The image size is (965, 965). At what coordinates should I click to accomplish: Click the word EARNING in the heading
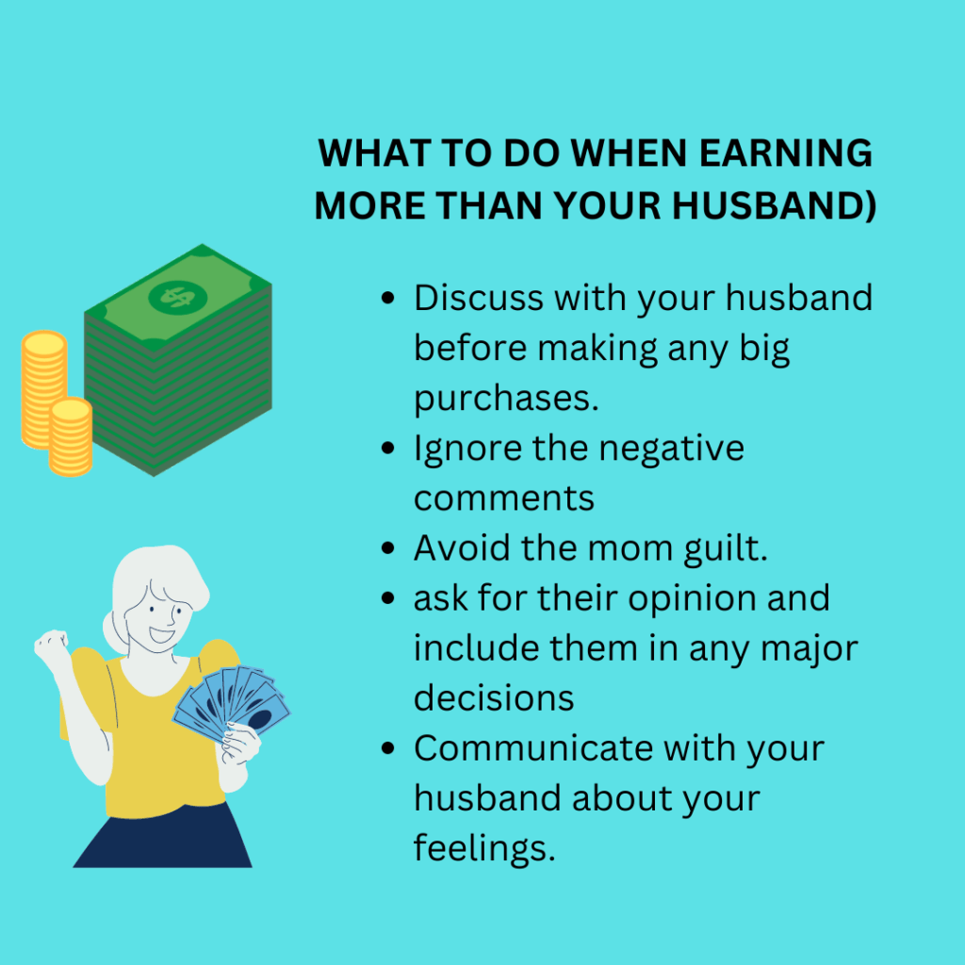[x=786, y=153]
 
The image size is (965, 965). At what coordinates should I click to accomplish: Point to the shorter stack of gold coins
[x=71, y=437]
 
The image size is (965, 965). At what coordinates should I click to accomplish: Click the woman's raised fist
[x=51, y=645]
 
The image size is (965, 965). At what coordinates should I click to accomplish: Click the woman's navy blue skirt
[x=163, y=835]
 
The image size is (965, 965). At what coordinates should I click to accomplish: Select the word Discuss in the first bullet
[x=479, y=299]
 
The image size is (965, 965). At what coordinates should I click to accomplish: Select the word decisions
[x=494, y=698]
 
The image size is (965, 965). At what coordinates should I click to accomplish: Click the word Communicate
[x=533, y=748]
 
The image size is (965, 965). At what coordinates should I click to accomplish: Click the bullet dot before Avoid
[x=387, y=548]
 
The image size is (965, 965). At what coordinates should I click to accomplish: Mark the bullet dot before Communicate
[x=387, y=748]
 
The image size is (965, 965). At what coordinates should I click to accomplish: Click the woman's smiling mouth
[x=161, y=635]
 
